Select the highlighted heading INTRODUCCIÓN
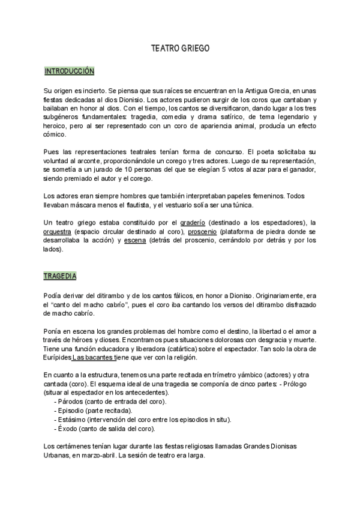click(x=70, y=71)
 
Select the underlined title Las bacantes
click(x=92, y=358)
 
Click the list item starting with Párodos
click(x=110, y=401)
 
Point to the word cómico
click(x=56, y=136)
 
